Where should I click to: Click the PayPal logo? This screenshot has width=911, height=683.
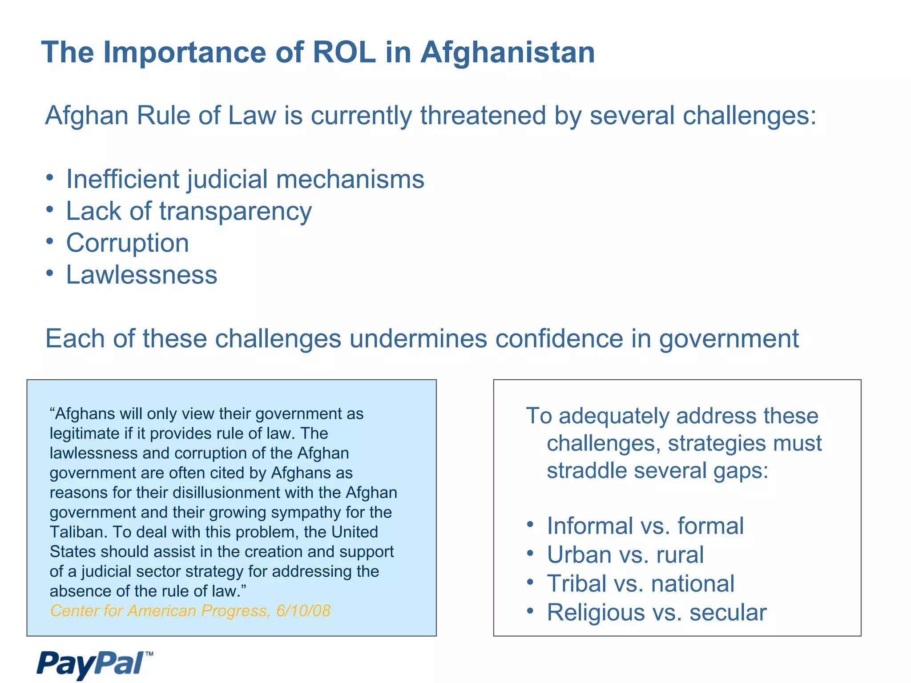94,664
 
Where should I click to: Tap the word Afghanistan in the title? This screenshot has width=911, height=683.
508,52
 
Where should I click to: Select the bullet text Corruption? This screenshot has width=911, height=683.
128,243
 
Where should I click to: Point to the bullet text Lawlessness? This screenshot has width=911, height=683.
141,275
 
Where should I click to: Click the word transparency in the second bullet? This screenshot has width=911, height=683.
236,212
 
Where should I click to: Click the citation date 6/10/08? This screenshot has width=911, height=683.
303,611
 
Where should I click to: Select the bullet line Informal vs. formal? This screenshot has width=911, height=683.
645,526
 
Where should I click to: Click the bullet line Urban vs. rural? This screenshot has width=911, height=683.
625,555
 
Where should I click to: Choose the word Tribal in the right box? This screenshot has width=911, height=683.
576,584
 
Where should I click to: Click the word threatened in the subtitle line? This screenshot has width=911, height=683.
483,116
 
